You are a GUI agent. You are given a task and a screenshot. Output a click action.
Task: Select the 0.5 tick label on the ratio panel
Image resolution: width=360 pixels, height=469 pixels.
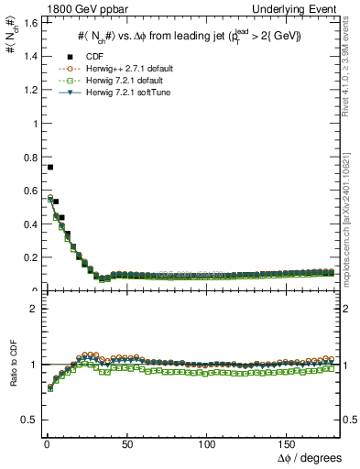tap(24, 420)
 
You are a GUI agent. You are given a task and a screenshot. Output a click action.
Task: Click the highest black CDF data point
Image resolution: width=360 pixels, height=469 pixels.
tap(49, 167)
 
